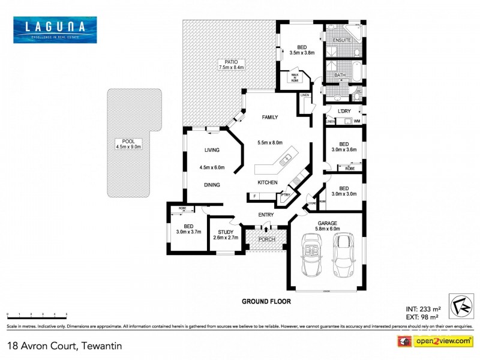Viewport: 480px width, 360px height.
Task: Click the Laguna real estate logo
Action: click(55, 29)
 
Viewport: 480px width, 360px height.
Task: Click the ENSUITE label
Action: click(341, 41)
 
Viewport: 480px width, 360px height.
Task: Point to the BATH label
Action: click(340, 75)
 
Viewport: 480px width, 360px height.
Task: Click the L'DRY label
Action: click(344, 112)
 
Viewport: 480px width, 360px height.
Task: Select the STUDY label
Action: click(226, 231)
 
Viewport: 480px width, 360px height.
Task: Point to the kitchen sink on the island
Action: click(287, 159)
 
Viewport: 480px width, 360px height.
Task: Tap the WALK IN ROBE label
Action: click(295, 77)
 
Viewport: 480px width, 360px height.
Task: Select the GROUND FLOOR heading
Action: click(266, 301)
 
